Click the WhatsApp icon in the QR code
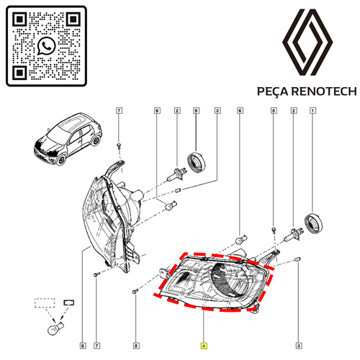point(46,46)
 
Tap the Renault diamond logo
point(307,42)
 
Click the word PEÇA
point(272,92)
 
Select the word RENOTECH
point(324,91)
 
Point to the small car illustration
point(68,138)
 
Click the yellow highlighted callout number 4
point(204,346)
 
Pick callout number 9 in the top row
point(197,111)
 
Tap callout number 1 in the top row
point(312,111)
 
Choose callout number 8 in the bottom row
point(83,346)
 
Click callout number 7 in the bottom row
point(96,346)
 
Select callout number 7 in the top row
point(119,111)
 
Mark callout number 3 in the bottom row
point(299,346)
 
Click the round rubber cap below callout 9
point(197,163)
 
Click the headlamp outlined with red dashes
point(213,282)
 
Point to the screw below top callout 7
point(119,145)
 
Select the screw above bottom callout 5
point(135,292)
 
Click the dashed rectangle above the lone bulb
point(45,303)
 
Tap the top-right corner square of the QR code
point(73,19)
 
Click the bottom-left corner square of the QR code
point(19,73)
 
